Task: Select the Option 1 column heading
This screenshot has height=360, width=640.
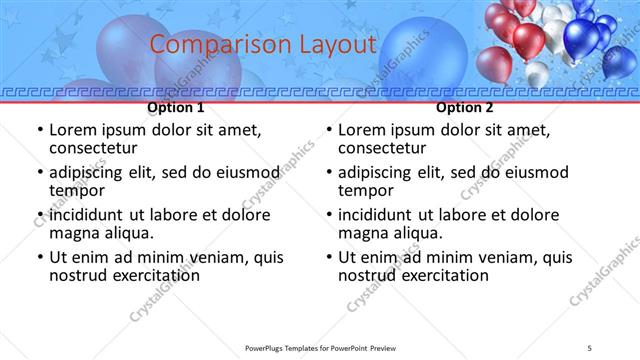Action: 175,107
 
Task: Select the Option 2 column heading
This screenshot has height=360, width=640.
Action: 464,107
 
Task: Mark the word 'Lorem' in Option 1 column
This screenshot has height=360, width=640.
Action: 74,129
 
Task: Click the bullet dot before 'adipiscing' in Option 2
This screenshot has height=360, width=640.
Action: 329,173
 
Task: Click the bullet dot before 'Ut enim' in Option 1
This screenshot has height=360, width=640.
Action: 40,258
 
